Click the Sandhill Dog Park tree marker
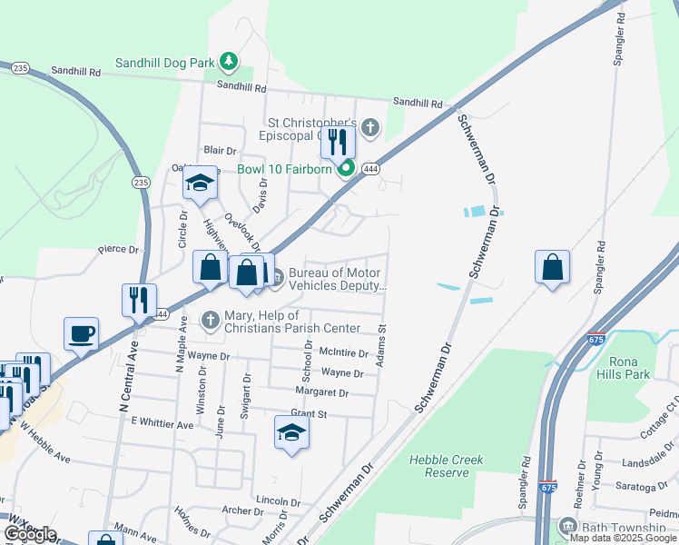pos(231,62)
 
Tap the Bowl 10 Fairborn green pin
pos(345,169)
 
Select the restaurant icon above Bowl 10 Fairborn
pos(338,142)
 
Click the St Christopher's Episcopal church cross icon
pos(369,127)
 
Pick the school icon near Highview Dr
pos(200,183)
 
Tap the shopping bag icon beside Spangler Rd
pos(552,267)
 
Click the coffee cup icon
pos(81,333)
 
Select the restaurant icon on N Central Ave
pos(139,301)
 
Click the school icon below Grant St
pos(291,432)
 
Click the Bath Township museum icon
pos(567,528)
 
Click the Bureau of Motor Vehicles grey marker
pos(278,276)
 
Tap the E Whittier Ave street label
pos(162,423)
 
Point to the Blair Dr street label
pos(220,149)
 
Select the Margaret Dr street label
pos(321,392)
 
